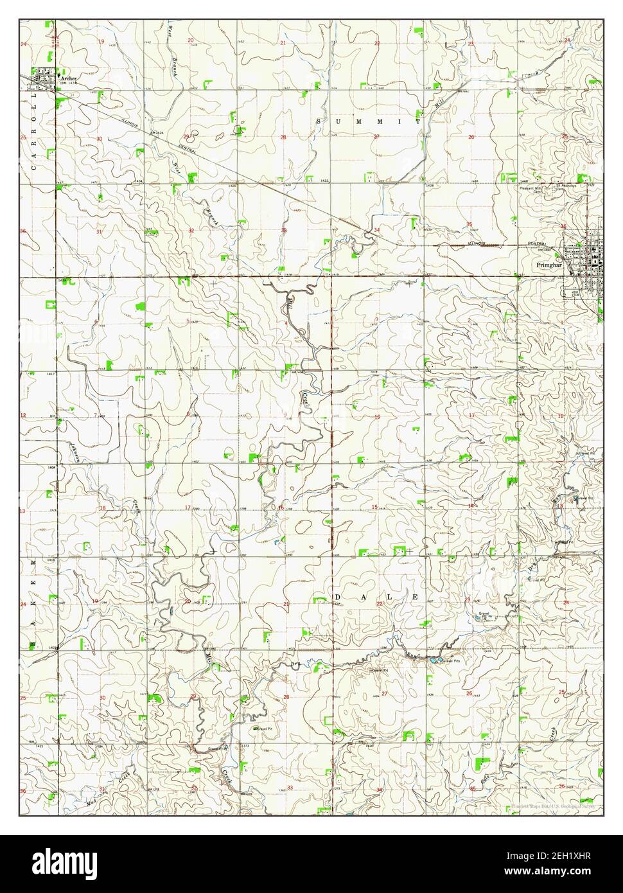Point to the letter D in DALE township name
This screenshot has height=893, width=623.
pos(337,597)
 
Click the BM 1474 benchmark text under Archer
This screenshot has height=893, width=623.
pos(67,83)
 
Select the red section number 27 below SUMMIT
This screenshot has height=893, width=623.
pos(377,136)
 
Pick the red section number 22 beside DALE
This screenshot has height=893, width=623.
pos(380,603)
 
